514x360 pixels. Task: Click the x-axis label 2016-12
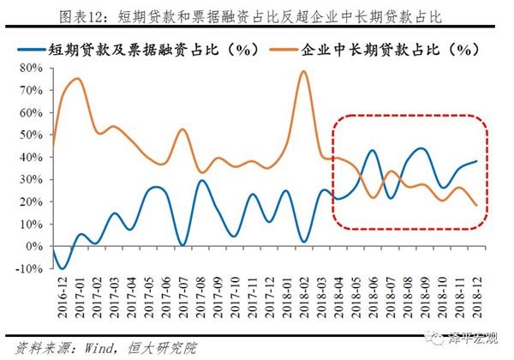point(53,294)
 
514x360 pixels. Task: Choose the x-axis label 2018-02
point(304,294)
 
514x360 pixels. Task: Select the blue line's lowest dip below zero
point(63,268)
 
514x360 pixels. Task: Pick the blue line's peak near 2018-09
point(421,148)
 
